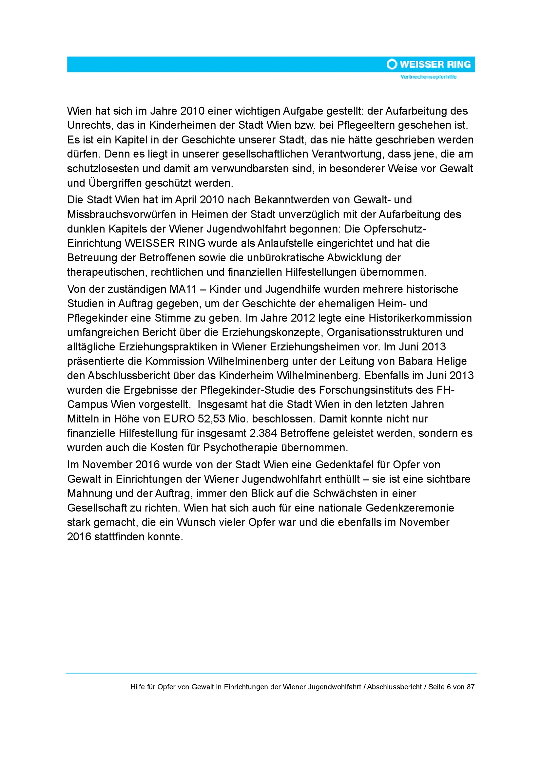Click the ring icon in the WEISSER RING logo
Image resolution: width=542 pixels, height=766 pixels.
click(x=392, y=64)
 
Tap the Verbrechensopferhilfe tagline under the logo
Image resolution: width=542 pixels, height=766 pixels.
click(x=429, y=77)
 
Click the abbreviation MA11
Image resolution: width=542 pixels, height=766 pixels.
click(x=183, y=289)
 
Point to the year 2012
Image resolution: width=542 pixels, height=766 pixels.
click(x=302, y=318)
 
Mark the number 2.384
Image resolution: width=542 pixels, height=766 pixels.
click(x=263, y=433)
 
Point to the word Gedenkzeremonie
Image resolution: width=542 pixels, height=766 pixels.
click(x=410, y=508)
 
